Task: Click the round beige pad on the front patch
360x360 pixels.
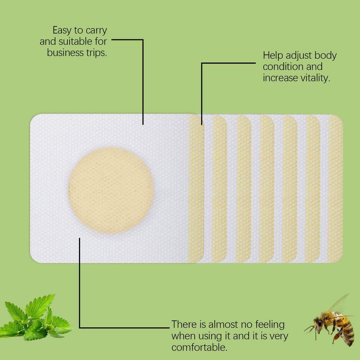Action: tap(111, 191)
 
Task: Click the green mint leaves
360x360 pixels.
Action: tap(33, 318)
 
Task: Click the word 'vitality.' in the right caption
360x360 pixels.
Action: tap(314, 78)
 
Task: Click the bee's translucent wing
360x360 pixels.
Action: tap(339, 304)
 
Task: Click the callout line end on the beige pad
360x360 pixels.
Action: tap(80, 239)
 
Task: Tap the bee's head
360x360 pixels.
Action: tap(318, 323)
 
